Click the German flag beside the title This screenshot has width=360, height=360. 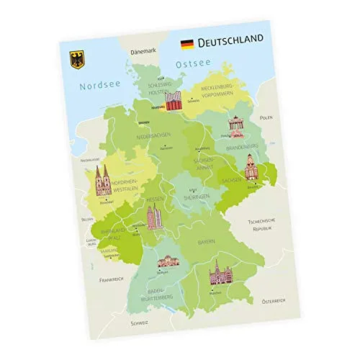click(186, 44)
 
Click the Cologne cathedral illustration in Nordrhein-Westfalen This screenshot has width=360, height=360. click(102, 181)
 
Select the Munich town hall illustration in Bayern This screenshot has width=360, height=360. click(217, 272)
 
